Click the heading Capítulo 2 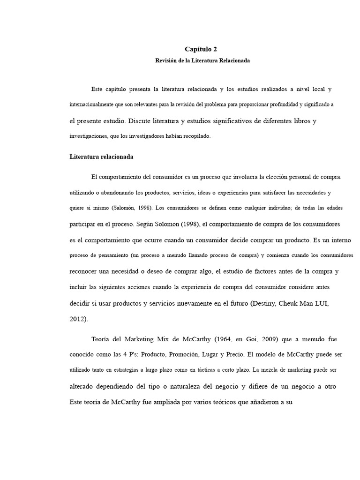coord(201,49)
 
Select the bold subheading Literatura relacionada coord(102,157)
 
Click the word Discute coord(142,121)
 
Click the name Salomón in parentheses coord(124,208)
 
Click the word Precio coord(244,354)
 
